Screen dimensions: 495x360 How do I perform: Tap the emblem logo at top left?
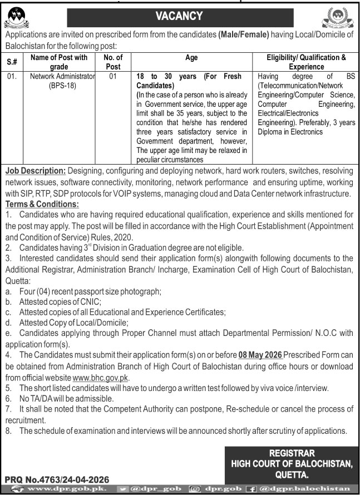(x=19, y=16)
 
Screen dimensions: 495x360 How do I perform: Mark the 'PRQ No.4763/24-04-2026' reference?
(x=57, y=479)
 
